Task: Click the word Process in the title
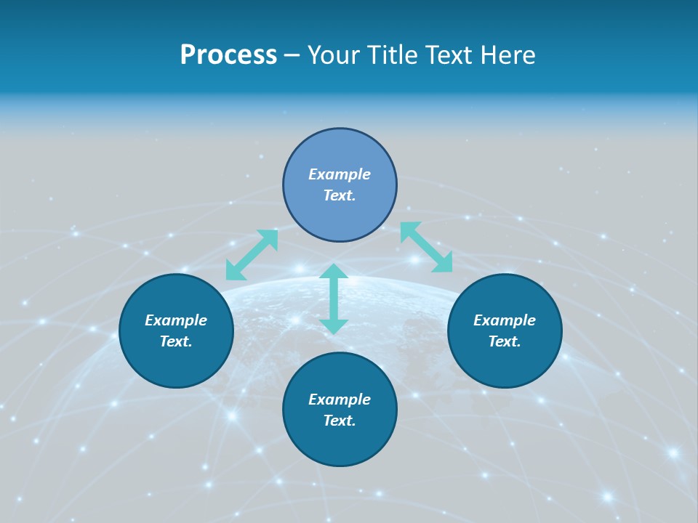click(x=228, y=55)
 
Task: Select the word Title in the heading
click(x=393, y=55)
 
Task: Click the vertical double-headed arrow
click(x=334, y=299)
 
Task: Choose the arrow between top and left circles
click(x=252, y=254)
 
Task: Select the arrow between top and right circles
click(x=426, y=247)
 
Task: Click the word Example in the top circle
click(x=340, y=174)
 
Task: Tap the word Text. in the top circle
click(x=340, y=195)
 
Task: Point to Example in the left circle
click(x=176, y=320)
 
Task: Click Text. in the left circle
click(x=176, y=341)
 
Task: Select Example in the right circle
click(x=505, y=320)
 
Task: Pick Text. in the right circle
click(x=505, y=341)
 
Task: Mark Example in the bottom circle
click(x=340, y=400)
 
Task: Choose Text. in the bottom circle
click(x=340, y=421)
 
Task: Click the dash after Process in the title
click(x=292, y=56)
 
